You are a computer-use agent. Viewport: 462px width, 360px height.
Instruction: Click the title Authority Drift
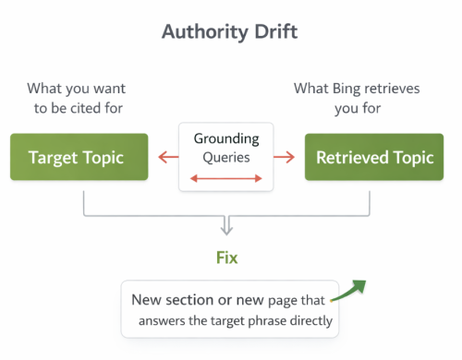point(230,31)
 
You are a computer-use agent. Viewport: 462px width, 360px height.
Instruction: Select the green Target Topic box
point(79,157)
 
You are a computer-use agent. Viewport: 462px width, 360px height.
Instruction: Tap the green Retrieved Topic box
point(374,157)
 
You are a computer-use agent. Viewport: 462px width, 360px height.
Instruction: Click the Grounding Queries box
point(226,157)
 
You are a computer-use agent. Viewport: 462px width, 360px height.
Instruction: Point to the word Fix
point(226,258)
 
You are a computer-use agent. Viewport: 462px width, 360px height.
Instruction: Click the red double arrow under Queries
point(226,179)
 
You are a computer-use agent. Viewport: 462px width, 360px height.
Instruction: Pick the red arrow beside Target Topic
point(167,157)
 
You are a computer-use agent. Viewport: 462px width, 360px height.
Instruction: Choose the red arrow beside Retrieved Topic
point(286,157)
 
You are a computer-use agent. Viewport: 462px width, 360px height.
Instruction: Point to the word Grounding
point(226,138)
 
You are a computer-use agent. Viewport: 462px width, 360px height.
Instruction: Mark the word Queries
point(226,158)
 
